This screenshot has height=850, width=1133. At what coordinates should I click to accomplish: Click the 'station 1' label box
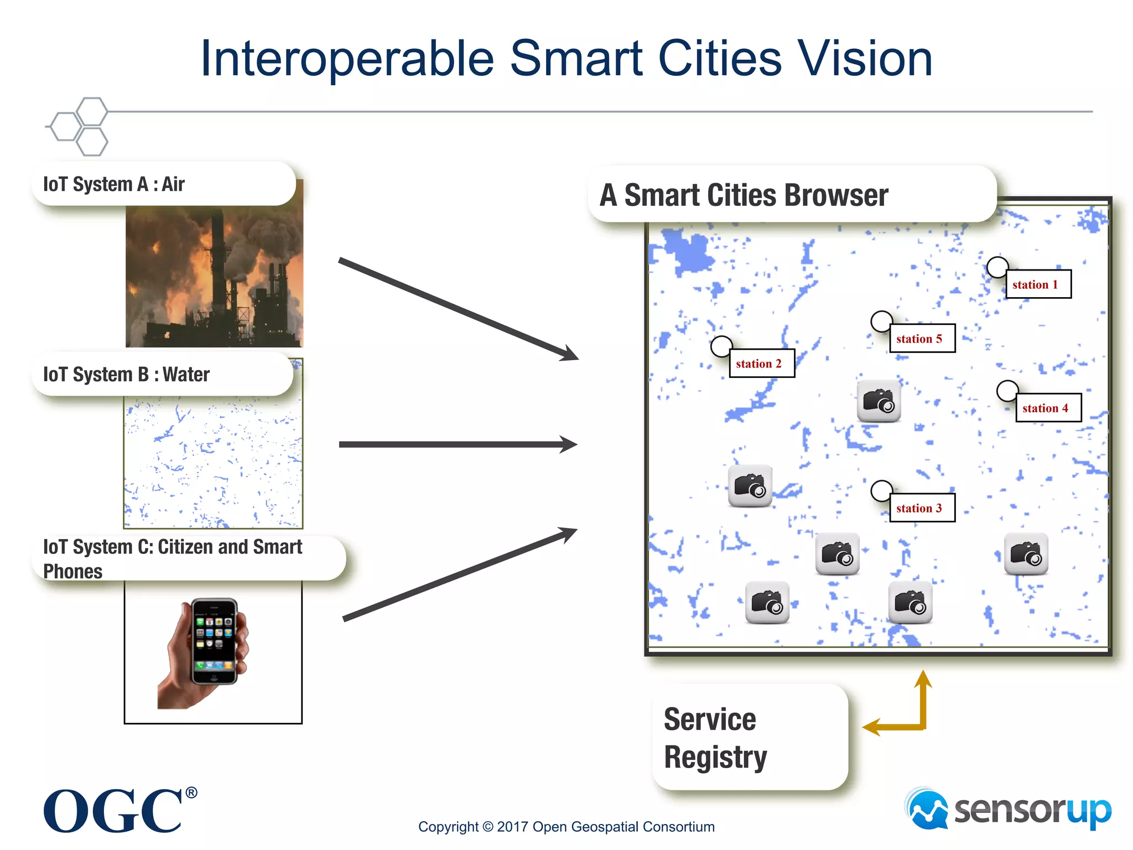1038,284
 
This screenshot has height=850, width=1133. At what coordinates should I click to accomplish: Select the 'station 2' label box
761,364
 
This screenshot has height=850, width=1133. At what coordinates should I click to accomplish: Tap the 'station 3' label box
922,508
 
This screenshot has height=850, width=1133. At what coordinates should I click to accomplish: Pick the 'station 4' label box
1048,408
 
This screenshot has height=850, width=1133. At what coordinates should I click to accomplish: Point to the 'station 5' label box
922,339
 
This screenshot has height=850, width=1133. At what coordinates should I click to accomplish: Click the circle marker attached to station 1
997,267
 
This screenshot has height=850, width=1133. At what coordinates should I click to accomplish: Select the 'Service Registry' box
750,738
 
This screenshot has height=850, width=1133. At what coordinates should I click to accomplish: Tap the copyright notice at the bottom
566,827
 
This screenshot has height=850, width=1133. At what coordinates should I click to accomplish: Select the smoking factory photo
215,277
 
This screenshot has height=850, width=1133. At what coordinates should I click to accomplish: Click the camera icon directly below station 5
879,401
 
